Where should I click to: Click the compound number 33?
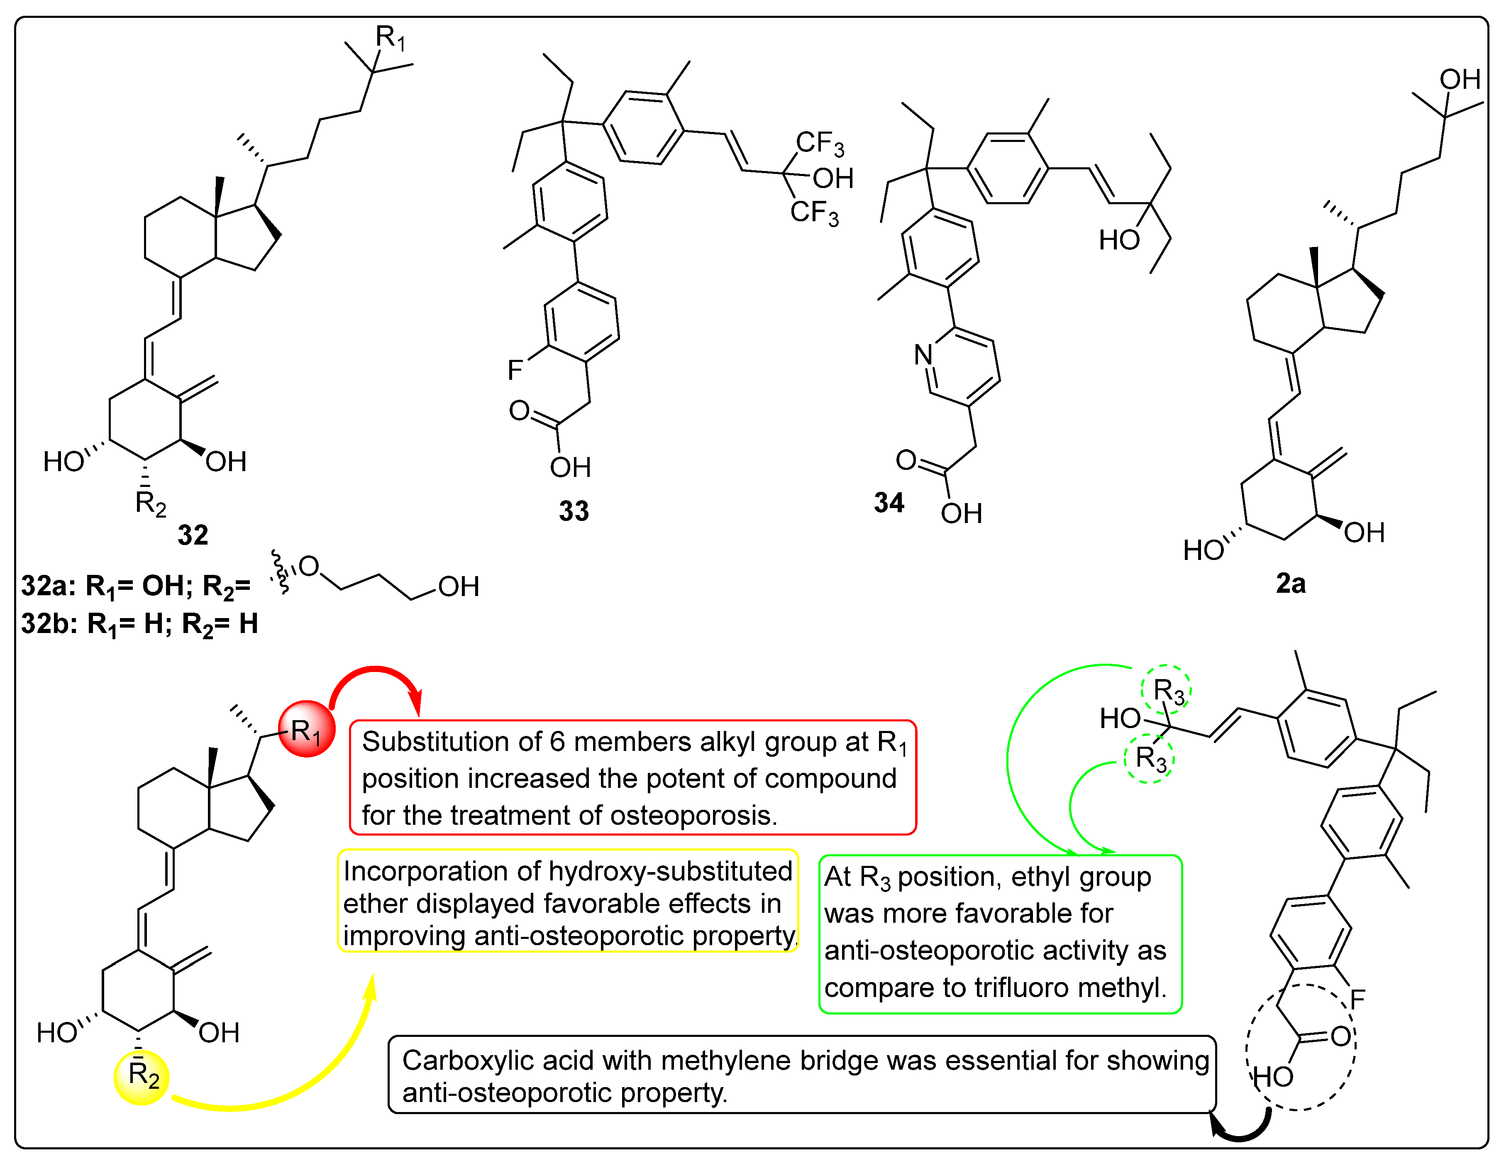574,511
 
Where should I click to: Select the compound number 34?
889,503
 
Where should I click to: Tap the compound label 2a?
1290,584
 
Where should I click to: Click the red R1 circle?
307,729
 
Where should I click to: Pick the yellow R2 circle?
142,1077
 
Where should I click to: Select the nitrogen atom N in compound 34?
923,355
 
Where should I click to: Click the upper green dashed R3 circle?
1166,690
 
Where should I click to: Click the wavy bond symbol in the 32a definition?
280,571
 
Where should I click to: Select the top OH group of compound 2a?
1459,80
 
